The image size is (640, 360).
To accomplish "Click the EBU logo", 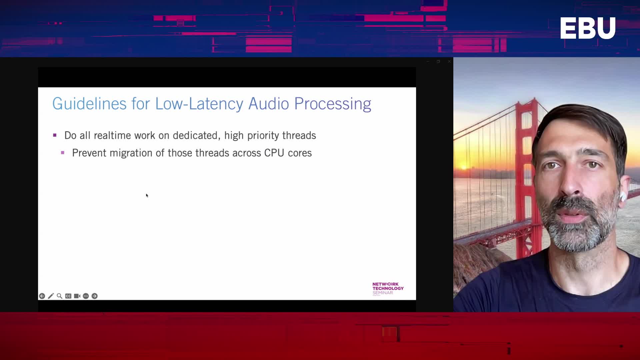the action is pyautogui.click(x=588, y=28).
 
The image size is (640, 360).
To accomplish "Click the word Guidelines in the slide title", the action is pyautogui.click(x=89, y=104).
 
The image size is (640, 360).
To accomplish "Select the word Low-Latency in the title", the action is pyautogui.click(x=199, y=104).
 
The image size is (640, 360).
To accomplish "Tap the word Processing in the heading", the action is pyautogui.click(x=333, y=104).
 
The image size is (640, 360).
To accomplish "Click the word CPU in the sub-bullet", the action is pyautogui.click(x=274, y=153).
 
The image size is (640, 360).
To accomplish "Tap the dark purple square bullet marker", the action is pyautogui.click(x=55, y=135).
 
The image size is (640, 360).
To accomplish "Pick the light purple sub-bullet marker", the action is pyautogui.click(x=63, y=153).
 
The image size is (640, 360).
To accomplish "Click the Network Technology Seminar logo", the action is pyautogui.click(x=388, y=289).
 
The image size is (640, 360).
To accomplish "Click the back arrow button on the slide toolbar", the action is pyautogui.click(x=42, y=296).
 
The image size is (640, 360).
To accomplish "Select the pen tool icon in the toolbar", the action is pyautogui.click(x=51, y=296).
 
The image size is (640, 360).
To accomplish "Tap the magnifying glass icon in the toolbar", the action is pyautogui.click(x=60, y=296).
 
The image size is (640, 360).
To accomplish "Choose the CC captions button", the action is pyautogui.click(x=68, y=296).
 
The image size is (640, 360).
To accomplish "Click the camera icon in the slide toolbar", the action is pyautogui.click(x=77, y=296).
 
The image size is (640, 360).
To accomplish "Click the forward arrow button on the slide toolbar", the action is pyautogui.click(x=95, y=296).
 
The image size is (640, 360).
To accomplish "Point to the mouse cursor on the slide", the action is pyautogui.click(x=147, y=195).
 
